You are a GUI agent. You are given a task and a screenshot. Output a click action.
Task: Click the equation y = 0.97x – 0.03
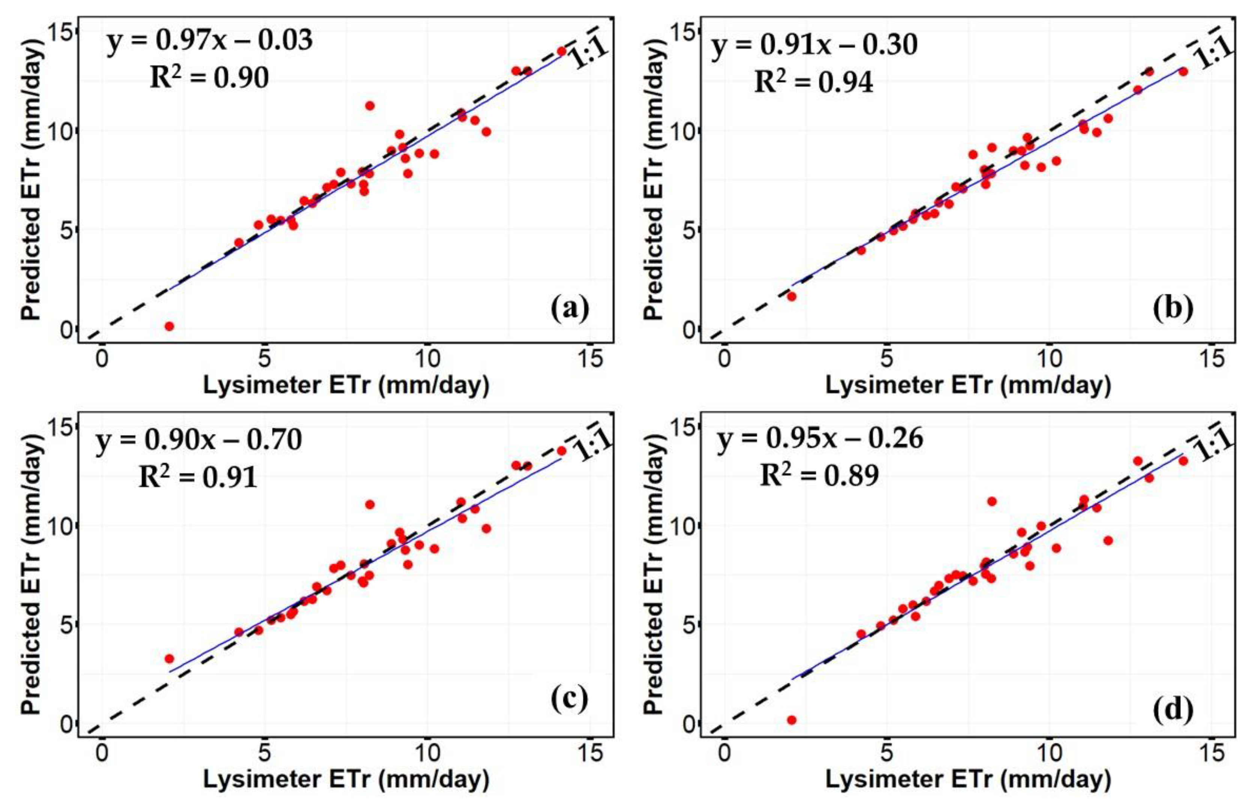point(210,41)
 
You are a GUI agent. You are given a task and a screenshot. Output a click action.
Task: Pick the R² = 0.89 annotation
point(819,475)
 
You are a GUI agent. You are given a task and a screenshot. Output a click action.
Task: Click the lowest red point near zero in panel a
point(169,326)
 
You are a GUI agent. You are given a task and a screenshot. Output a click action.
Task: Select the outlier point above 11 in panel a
point(370,105)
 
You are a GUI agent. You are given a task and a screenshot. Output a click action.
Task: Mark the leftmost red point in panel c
point(169,659)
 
